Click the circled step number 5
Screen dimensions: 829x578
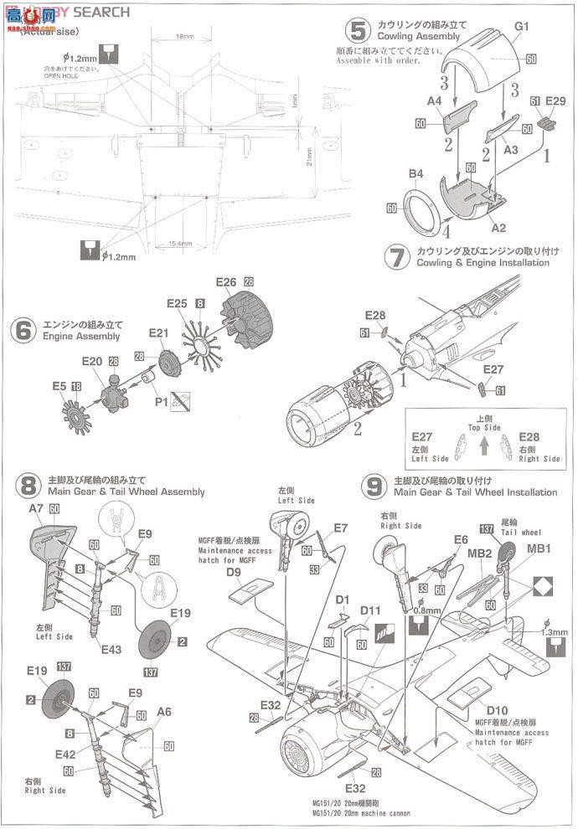coord(359,32)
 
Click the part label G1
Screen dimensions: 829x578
coord(522,26)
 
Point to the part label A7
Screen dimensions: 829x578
coord(37,507)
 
